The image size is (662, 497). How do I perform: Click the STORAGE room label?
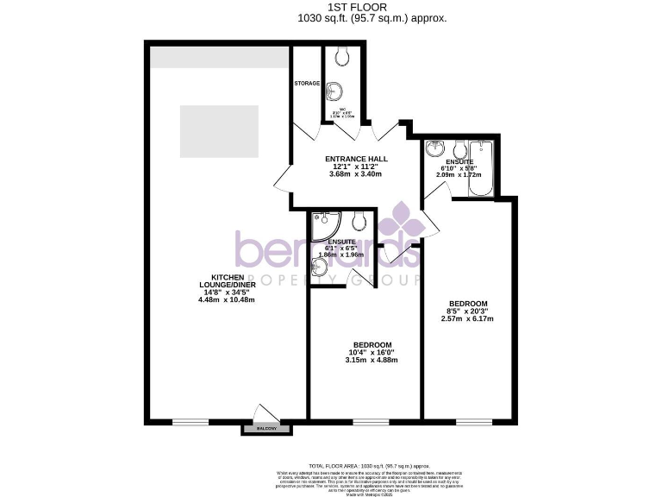(308, 84)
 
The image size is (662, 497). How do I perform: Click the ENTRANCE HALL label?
(356, 160)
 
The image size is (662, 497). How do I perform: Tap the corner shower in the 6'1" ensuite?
(322, 227)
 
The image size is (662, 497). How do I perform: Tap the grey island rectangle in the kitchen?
(219, 131)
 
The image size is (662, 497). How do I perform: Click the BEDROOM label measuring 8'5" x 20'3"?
(468, 304)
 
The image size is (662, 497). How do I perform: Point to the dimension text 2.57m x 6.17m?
(468, 318)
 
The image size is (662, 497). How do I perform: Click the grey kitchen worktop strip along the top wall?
(219, 57)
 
